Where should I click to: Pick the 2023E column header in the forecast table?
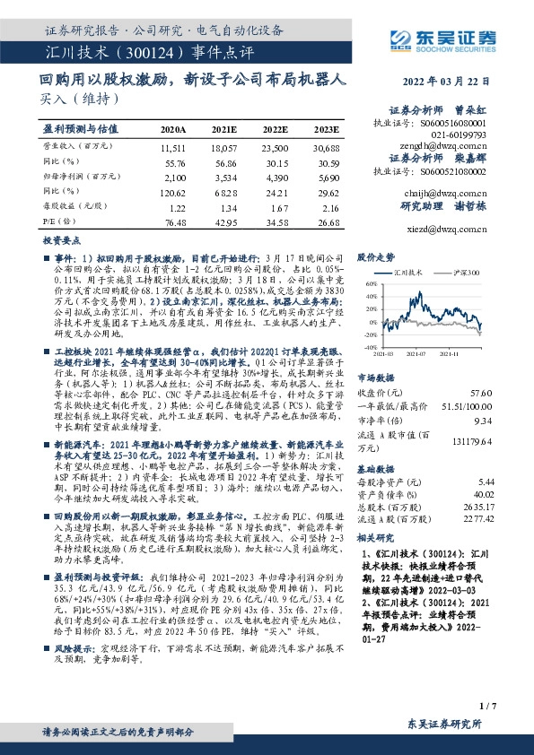[328, 130]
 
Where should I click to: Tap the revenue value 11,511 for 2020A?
[173, 147]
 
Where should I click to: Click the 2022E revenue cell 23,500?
[276, 147]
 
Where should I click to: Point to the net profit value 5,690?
[328, 178]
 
